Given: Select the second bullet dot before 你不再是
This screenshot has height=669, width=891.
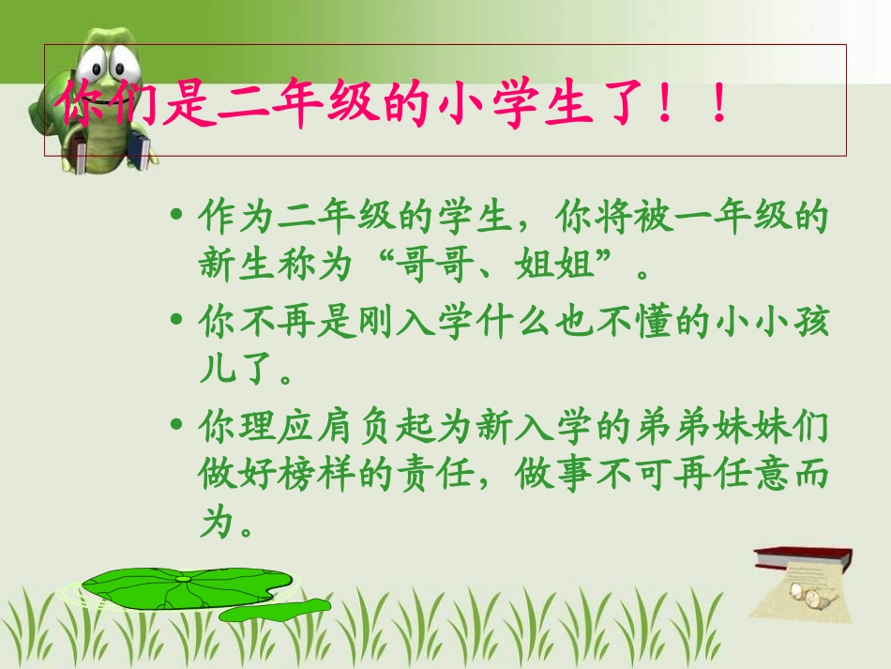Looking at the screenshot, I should point(176,321).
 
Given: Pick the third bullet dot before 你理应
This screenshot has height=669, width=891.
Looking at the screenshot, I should point(176,424).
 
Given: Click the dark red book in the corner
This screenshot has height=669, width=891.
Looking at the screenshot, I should point(807,558).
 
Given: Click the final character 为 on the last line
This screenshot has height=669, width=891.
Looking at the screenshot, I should point(217,524).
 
